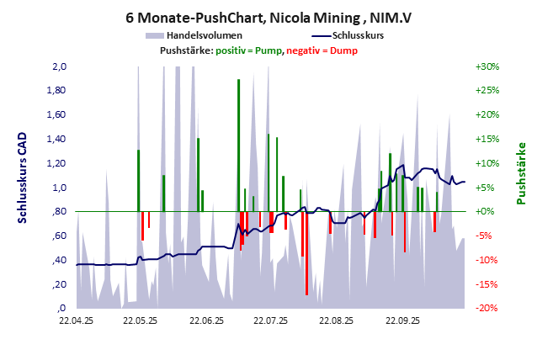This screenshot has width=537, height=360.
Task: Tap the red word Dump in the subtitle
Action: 345,50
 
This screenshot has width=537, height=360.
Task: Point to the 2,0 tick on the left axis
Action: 59,66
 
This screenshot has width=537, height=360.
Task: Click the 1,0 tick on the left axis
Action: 59,188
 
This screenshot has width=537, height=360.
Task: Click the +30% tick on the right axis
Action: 487,66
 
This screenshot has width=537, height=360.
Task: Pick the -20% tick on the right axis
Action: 487,308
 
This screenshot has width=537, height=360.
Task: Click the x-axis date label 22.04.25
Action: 76,320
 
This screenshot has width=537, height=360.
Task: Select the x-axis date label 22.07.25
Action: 272,320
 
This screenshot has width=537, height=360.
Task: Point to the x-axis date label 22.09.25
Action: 402,320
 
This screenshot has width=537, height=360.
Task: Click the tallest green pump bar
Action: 238,145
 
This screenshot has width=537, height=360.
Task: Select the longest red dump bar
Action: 306,252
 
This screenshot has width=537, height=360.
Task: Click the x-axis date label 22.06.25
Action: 206,320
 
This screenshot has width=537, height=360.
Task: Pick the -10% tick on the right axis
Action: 487,260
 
